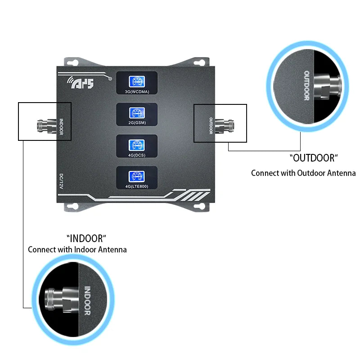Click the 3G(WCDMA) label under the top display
pyautogui.click(x=137, y=92)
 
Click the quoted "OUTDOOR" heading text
pyautogui.click(x=314, y=158)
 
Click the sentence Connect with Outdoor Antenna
pyautogui.click(x=303, y=173)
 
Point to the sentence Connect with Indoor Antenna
pyautogui.click(x=77, y=249)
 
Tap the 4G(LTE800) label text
pyautogui.click(x=137, y=186)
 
